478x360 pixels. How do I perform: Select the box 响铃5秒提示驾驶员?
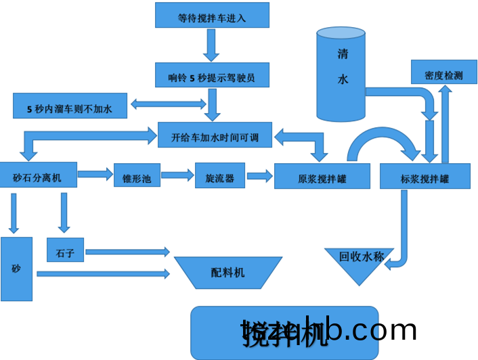point(212,75)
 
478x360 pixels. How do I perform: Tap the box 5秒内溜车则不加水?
point(70,106)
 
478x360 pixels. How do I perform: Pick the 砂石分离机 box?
point(38,177)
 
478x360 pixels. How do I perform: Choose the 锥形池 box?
point(137,178)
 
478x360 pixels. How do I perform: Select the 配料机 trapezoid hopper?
point(228,272)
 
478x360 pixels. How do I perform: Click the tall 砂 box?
point(16,269)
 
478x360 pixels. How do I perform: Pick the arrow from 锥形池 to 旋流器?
point(177,175)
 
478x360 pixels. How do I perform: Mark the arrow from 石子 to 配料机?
point(127,252)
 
